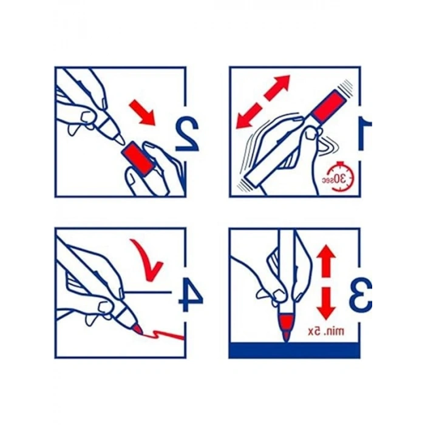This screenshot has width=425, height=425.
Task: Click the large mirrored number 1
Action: (365, 135)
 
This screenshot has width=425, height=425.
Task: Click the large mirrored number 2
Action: (187, 135)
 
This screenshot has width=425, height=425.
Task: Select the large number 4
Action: (191, 296)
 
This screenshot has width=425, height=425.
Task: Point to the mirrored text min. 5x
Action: (326, 331)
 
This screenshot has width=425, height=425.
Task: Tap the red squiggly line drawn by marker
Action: (163, 335)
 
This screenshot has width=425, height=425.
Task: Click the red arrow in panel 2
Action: (142, 112)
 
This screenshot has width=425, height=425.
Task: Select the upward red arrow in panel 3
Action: (327, 260)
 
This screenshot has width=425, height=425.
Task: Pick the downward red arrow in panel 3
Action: (327, 304)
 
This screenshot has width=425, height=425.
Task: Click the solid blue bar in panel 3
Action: (294, 350)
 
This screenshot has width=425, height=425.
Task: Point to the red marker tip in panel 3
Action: (286, 327)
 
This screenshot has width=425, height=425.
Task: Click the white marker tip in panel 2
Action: (119, 139)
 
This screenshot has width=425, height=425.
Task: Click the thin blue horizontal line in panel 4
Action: (149, 293)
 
